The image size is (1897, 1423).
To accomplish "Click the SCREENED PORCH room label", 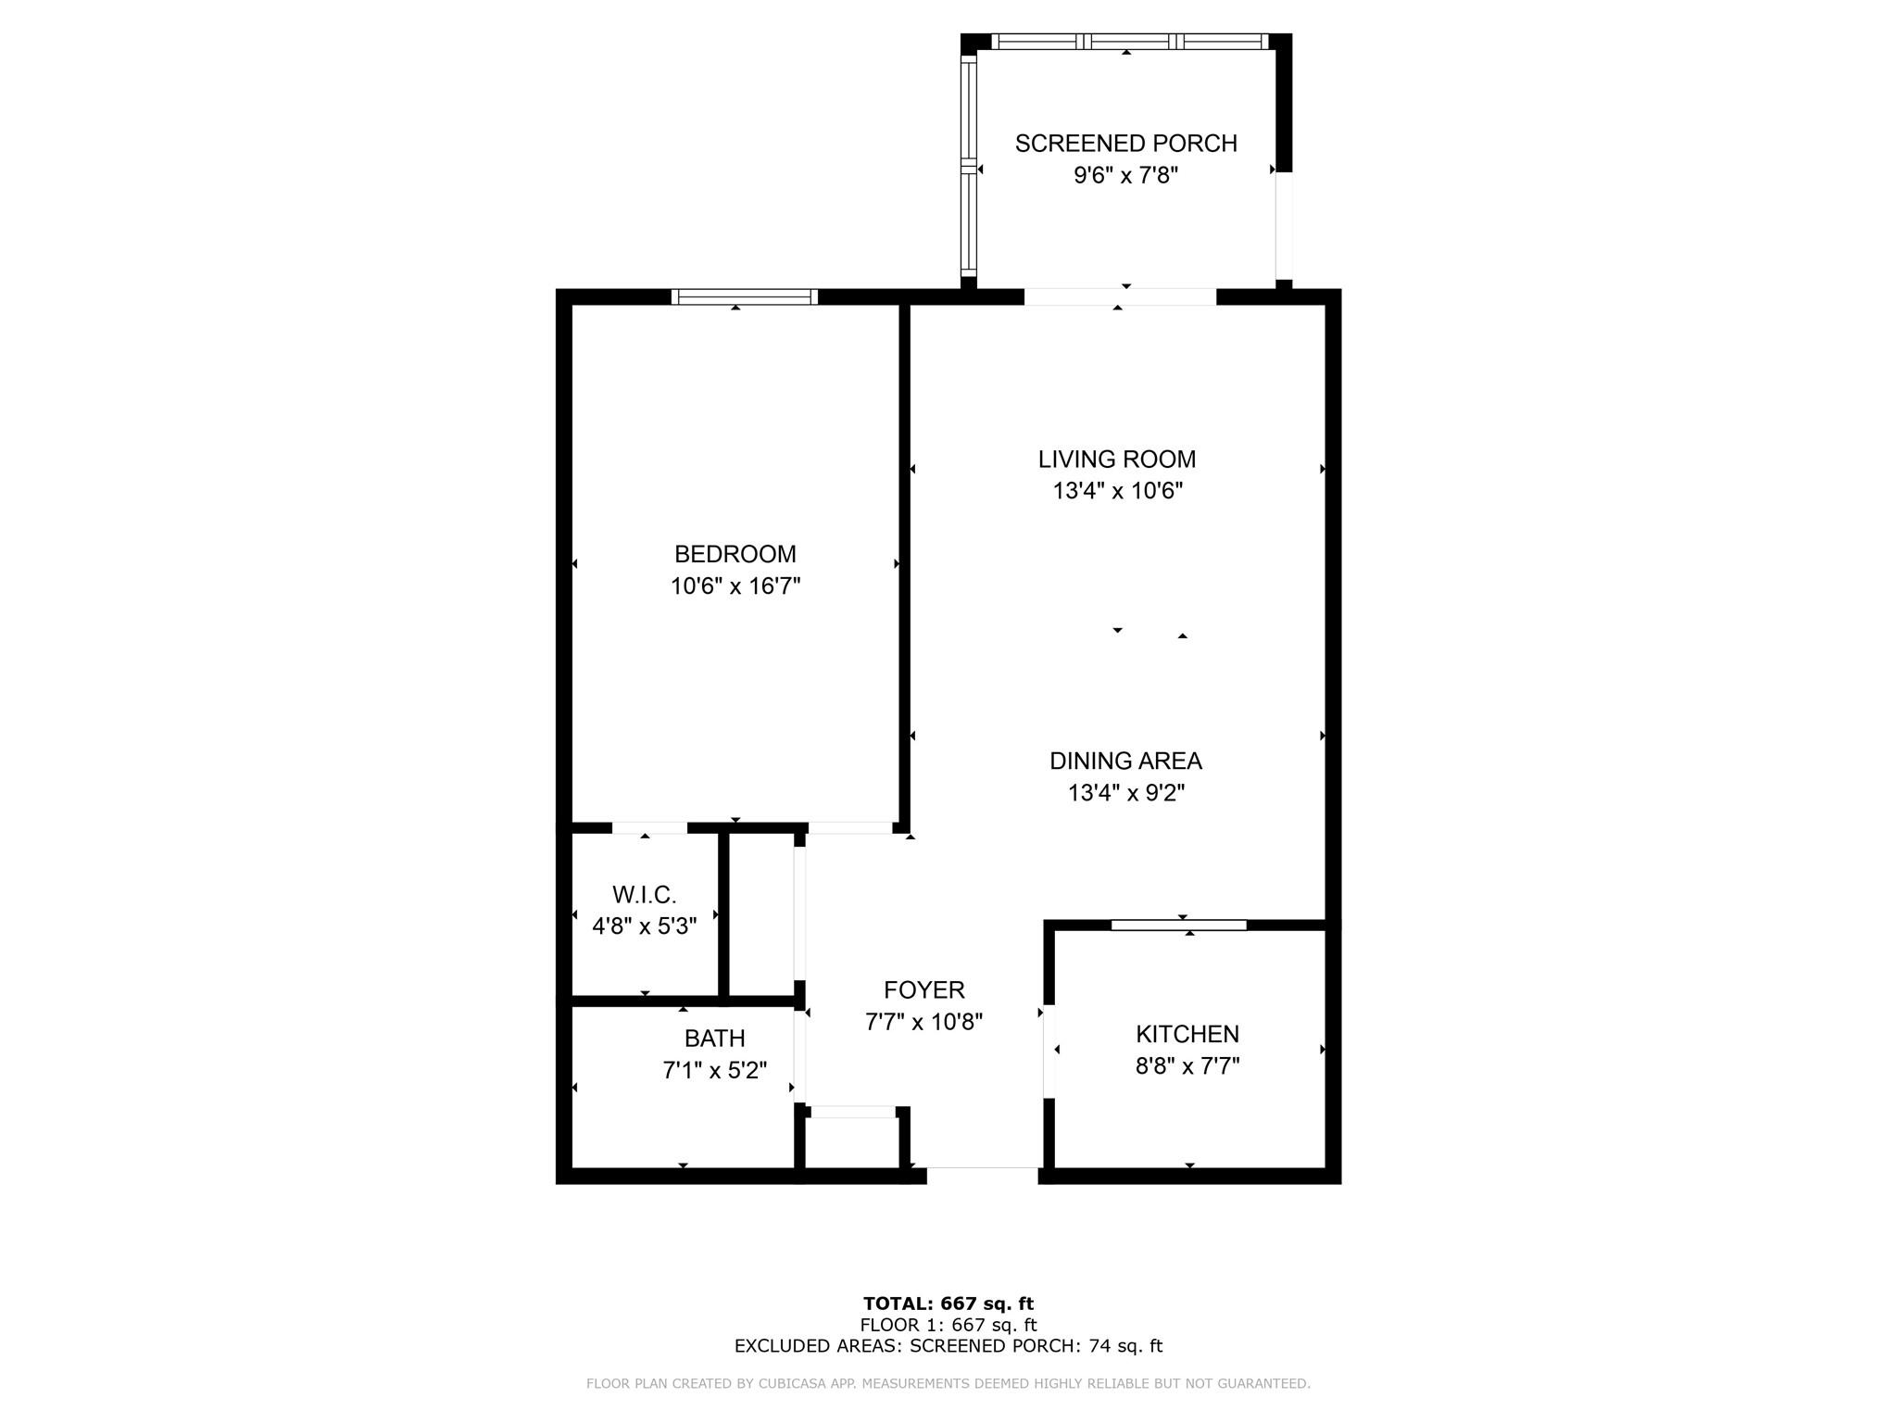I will point(1125,144).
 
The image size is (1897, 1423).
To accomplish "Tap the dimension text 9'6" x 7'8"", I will point(1125,175).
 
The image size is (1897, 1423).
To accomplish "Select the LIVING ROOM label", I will point(1117,460).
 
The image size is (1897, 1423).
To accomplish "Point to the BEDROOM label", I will point(735,554).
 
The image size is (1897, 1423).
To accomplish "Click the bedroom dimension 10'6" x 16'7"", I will point(735,586).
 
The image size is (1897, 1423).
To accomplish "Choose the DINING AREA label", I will point(1125,761).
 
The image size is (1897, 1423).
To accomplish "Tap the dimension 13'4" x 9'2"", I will point(1125,793).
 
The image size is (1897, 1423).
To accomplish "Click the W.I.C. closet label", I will point(644,895).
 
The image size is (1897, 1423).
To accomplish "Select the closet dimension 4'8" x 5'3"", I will point(644,926).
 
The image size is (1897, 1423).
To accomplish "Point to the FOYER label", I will point(923,990).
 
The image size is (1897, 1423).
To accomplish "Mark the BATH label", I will point(714,1039).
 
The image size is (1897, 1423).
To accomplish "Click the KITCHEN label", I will point(1187,1034).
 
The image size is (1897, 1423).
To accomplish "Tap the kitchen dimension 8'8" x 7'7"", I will point(1187,1066).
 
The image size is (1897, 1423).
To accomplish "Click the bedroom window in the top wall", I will point(744,296).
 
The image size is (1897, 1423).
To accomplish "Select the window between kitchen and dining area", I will point(1178,925).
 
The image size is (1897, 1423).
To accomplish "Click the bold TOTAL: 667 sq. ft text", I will point(948,1303).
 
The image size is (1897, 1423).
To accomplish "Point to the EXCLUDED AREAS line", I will point(948,1346).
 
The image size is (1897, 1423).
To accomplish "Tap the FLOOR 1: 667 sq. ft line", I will point(948,1325).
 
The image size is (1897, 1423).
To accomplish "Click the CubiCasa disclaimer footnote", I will point(948,1384).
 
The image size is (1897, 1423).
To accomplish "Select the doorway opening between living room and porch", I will point(1119,296).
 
